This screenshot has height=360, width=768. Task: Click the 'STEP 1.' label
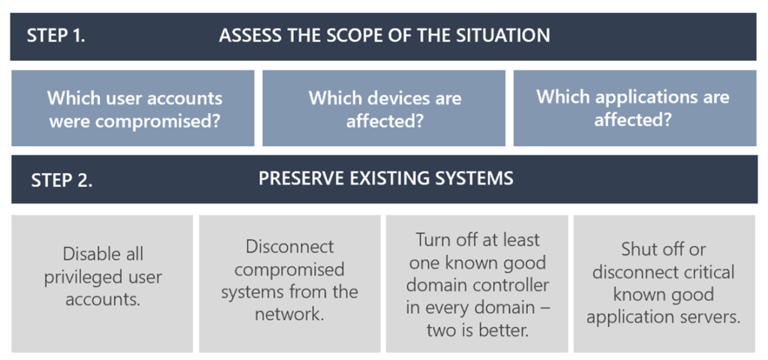click(55, 35)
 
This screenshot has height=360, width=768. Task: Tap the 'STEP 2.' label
click(61, 180)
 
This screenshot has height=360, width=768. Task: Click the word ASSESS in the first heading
click(249, 35)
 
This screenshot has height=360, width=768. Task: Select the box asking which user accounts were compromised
click(133, 109)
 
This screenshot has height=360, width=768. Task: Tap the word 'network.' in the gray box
click(289, 313)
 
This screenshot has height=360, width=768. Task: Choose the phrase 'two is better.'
click(477, 330)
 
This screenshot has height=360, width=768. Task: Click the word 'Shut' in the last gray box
click(638, 250)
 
